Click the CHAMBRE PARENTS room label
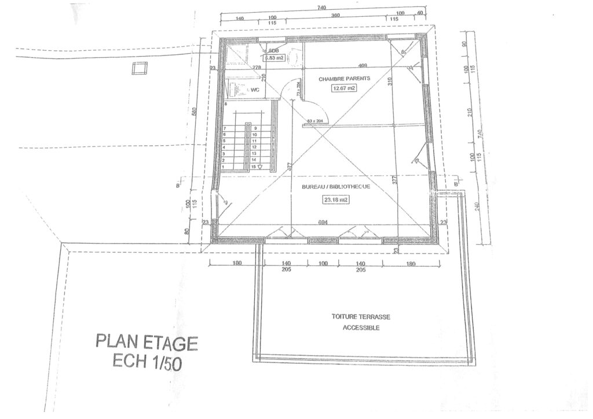point(344,78)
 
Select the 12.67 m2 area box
point(343,89)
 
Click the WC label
point(254,90)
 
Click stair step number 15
point(254,167)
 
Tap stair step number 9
point(254,127)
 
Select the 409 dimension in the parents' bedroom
point(363,65)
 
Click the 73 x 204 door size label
point(298,92)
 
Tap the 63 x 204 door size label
point(316,121)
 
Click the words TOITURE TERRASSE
point(361,317)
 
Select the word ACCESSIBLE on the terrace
point(361,328)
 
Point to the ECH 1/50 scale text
point(147,361)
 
